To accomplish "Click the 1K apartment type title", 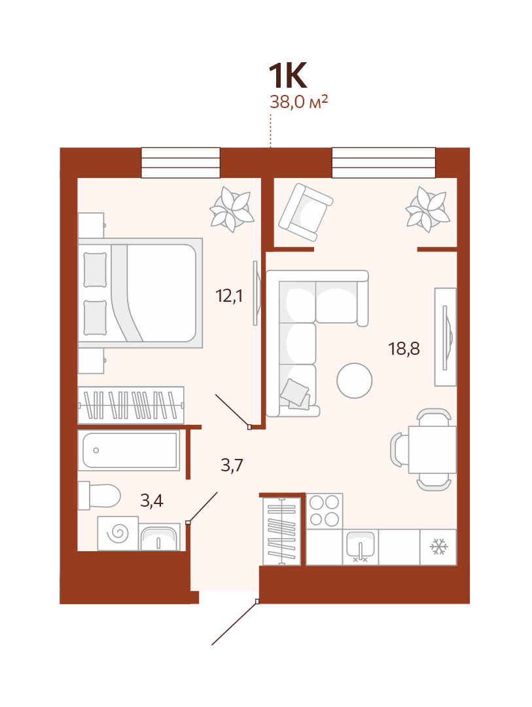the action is tap(288, 75).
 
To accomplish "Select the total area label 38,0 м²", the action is tap(298, 102).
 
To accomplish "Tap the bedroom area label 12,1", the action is tap(229, 297).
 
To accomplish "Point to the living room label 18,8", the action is tap(404, 348).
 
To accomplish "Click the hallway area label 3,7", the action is tap(232, 465).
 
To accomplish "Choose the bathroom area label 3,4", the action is tap(151, 501).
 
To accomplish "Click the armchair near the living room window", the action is tap(306, 212).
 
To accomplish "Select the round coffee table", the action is tap(355, 380).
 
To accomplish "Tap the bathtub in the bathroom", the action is tap(129, 450).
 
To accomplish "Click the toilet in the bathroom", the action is tap(99, 496).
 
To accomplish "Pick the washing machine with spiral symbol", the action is tap(118, 534).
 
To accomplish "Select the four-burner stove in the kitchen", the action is tap(325, 511).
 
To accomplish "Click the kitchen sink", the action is tap(360, 547).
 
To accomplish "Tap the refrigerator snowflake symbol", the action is tap(438, 547).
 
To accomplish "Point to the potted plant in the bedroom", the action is tap(232, 209).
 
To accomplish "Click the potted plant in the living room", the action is tap(427, 209).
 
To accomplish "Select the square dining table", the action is tap(433, 450).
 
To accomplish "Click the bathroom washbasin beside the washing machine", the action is tap(159, 537).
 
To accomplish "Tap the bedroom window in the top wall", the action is tap(181, 163).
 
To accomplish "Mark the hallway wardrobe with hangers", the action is tap(131, 405).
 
